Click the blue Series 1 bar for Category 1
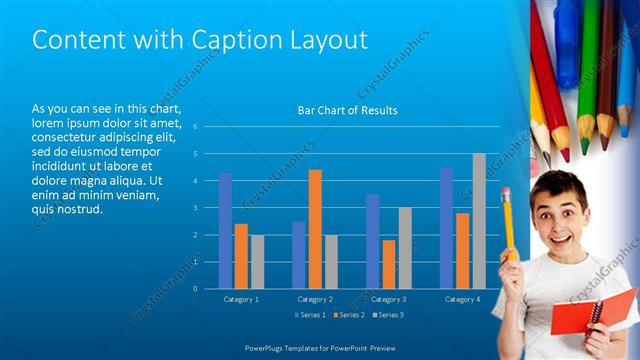click(225, 230)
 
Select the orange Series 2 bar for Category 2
click(315, 229)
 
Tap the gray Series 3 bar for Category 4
click(479, 221)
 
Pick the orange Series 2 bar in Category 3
click(388, 264)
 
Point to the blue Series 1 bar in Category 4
click(446, 228)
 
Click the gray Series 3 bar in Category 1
click(257, 261)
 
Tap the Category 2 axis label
click(315, 299)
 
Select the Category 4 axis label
click(462, 299)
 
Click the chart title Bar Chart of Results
click(348, 110)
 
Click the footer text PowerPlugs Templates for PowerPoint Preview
click(320, 348)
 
